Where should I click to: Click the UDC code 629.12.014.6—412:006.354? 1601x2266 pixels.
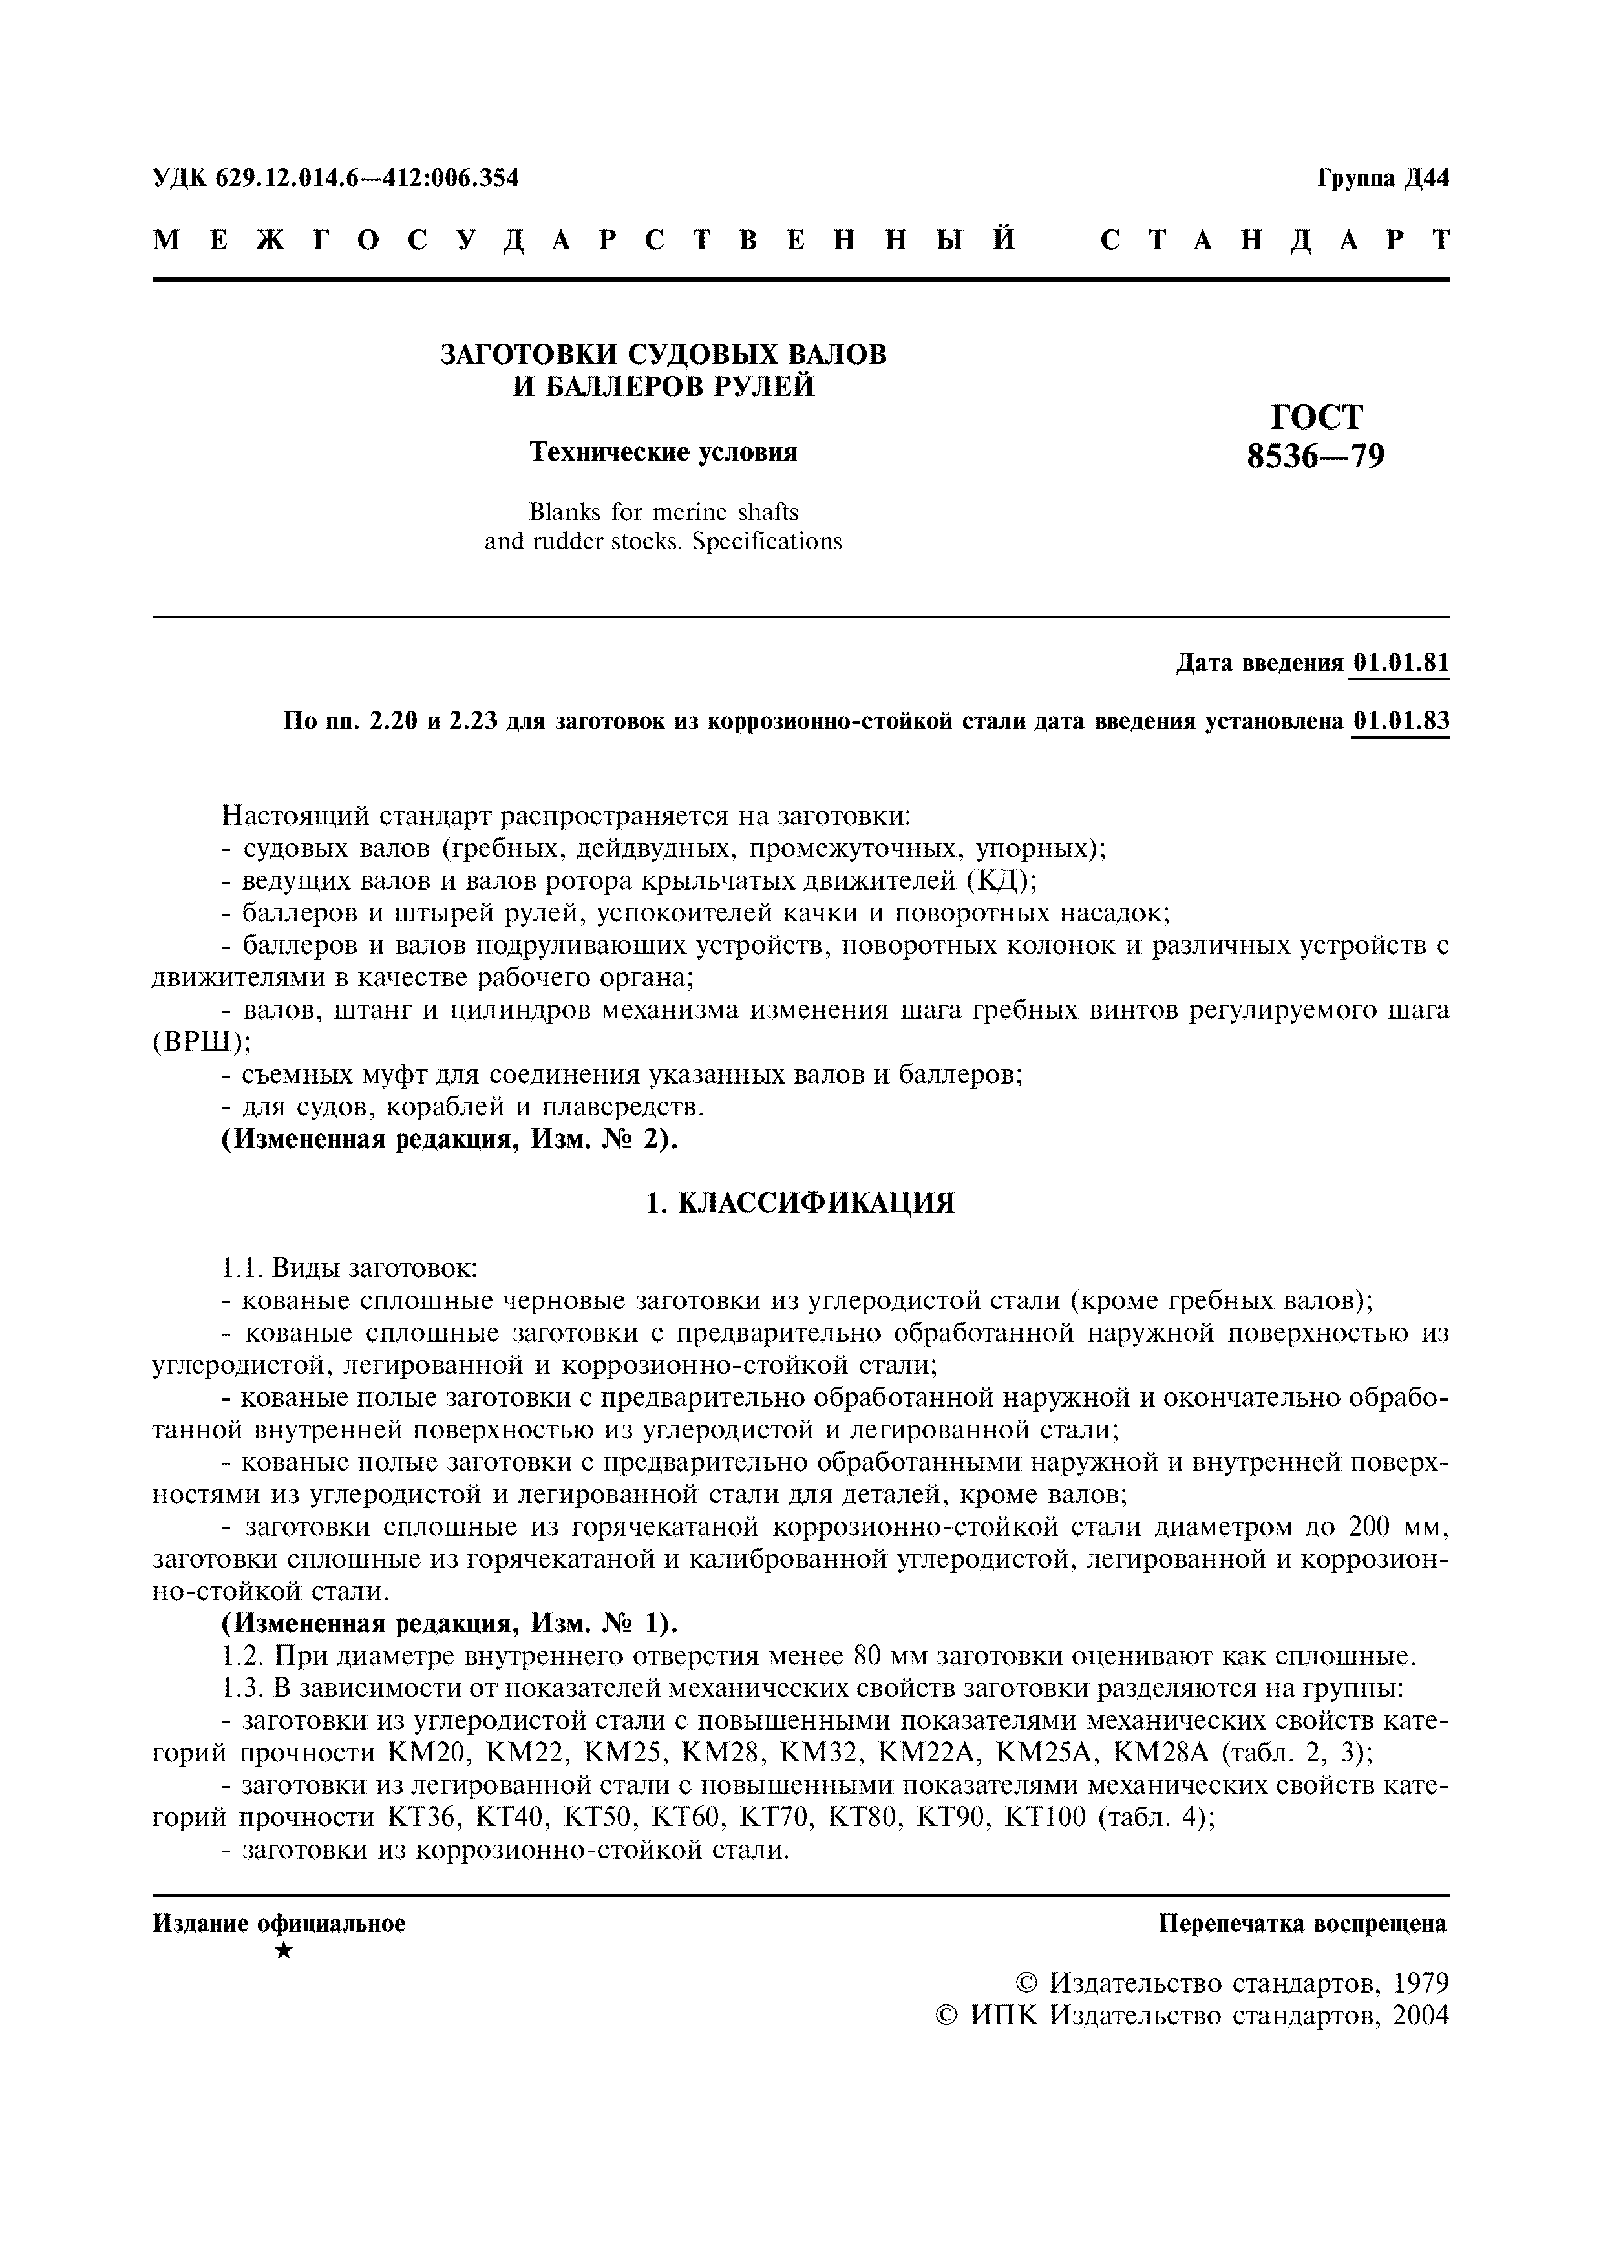335,178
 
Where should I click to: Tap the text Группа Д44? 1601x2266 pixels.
1382,178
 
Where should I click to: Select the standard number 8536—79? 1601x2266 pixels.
1316,456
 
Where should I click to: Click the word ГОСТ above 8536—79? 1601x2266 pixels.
1317,417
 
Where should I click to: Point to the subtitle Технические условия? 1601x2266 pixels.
663,452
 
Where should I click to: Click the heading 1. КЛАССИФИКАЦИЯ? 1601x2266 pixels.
800,1203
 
